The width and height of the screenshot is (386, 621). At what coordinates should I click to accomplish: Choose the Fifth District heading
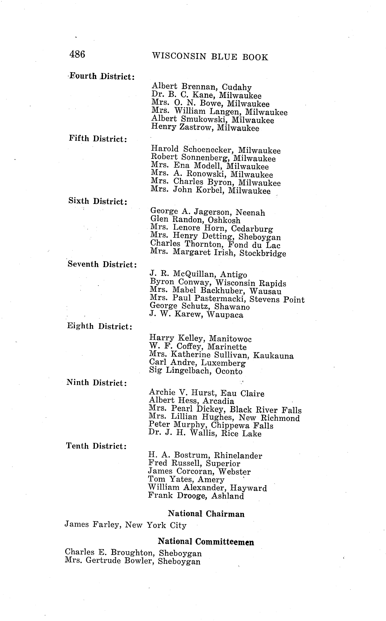[98, 139]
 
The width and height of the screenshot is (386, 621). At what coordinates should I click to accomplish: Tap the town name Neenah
[250, 213]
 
